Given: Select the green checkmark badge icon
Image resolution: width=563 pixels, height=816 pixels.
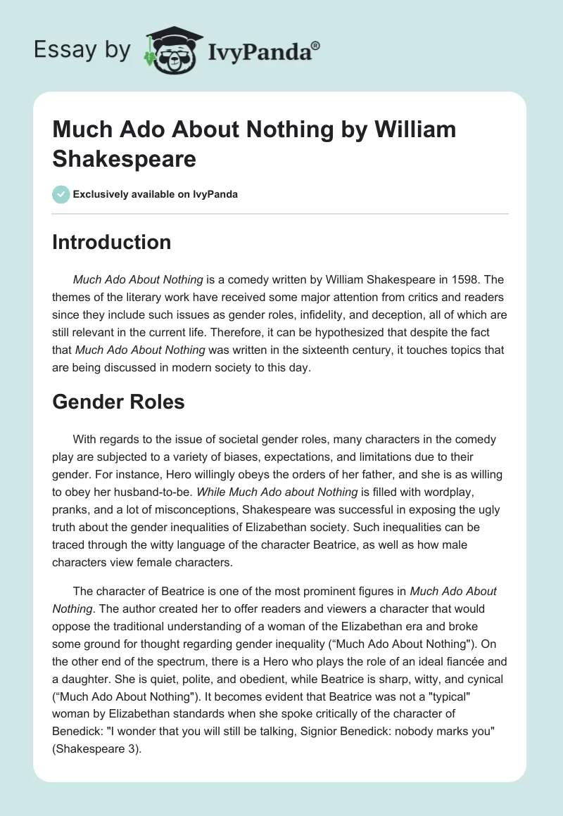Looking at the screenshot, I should tap(61, 194).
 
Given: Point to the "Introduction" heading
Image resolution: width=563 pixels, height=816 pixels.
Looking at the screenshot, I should tap(112, 242).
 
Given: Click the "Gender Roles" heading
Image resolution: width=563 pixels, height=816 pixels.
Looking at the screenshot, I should tap(118, 402).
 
